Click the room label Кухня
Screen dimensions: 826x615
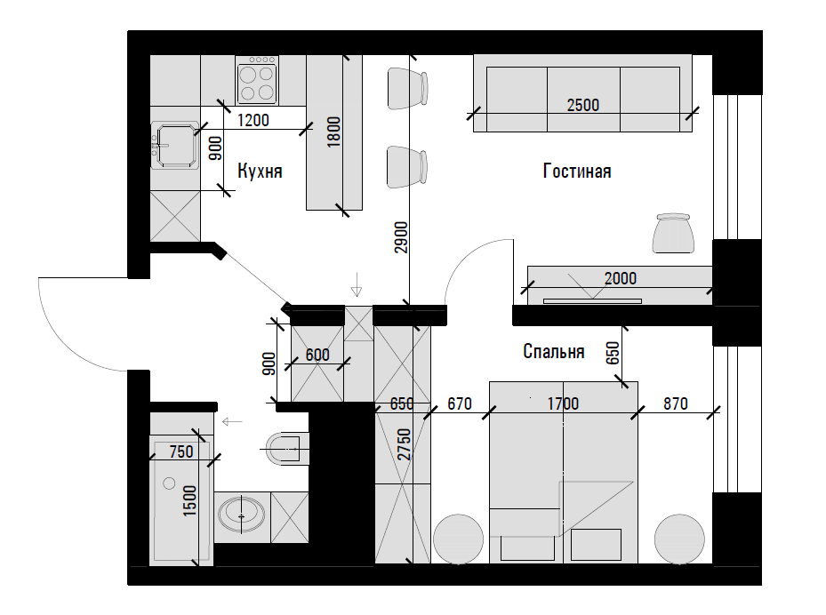260,172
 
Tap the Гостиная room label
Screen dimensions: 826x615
577,172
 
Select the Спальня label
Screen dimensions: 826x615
554,351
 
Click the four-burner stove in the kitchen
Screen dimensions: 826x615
257,81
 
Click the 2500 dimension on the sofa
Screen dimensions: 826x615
583,105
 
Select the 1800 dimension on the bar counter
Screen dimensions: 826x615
334,132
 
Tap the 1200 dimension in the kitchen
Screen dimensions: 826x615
253,121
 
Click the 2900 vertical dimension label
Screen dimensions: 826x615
401,237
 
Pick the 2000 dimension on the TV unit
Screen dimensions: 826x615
621,278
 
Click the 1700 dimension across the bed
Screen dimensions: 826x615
563,403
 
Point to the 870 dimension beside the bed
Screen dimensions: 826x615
676,403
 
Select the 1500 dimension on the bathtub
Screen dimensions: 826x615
189,500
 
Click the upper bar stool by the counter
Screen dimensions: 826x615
408,88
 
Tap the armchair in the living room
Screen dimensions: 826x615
673,233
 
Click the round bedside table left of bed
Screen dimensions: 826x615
458,539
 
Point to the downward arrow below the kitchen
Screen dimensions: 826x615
357,285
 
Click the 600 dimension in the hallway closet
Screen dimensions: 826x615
317,355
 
